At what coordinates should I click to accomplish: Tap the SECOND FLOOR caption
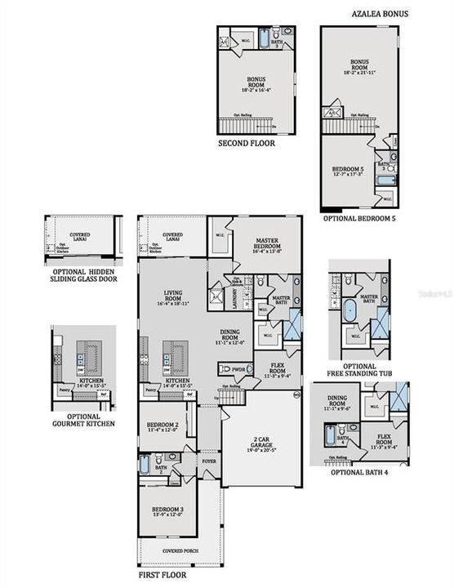pyautogui.click(x=245, y=143)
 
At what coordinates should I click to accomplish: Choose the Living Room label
pyautogui.click(x=173, y=298)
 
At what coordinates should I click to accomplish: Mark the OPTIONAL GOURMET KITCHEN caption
pyautogui.click(x=84, y=419)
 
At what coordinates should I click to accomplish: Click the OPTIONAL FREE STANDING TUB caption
pyautogui.click(x=359, y=371)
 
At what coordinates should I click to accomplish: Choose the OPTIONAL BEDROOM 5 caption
pyautogui.click(x=359, y=219)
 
